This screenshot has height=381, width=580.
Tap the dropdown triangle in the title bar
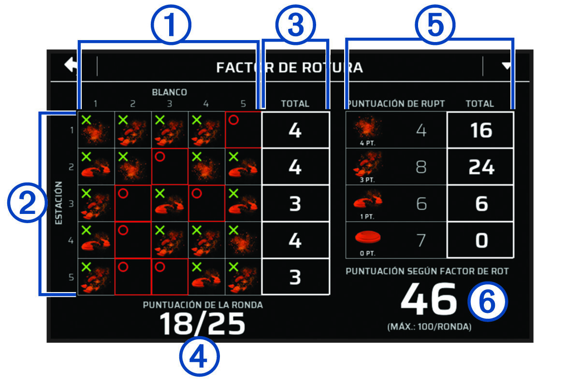coord(506,66)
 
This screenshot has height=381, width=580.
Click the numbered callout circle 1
coord(170,25)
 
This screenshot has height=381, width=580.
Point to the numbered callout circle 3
coord(295,25)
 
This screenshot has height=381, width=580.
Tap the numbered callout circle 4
coord(200,358)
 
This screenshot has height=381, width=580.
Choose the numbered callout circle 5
coord(435,25)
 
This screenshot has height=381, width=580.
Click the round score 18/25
coord(203,324)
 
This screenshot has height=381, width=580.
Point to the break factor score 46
coord(428,300)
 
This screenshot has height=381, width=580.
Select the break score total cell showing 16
coord(481,130)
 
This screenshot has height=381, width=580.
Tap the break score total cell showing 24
coord(481,167)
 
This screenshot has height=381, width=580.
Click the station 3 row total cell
coord(295,204)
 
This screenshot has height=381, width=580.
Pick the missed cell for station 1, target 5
coord(243,130)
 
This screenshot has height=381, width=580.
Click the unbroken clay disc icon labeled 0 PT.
coord(368,238)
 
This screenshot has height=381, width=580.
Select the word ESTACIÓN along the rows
coord(59,203)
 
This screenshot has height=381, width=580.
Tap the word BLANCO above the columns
coord(169,92)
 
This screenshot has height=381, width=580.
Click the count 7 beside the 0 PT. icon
coord(421,240)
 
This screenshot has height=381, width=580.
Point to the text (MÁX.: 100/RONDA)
coord(429,327)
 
